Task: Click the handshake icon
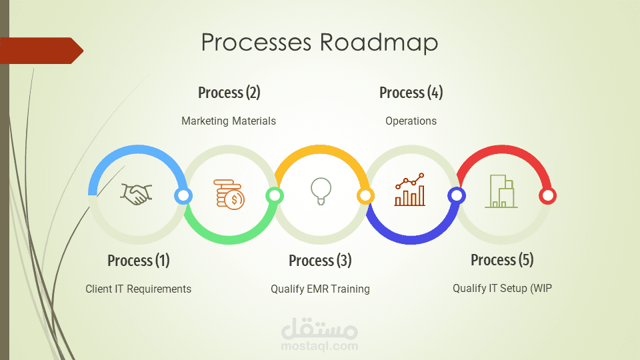point(136,194)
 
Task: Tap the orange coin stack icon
point(229,194)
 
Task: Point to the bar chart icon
point(410,189)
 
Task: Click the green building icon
point(501,191)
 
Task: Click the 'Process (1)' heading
point(139,261)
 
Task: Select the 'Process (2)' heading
point(229,93)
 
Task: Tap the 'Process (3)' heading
point(320,261)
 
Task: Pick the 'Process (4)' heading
point(411,93)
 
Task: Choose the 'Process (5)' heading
point(502,259)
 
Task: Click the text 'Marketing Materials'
point(229,121)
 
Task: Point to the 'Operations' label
point(411,121)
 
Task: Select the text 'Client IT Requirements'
point(139,289)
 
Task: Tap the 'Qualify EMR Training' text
point(320,289)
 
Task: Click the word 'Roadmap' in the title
point(379,43)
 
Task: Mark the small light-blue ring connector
point(183,196)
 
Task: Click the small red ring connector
point(547,196)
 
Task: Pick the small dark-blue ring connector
point(456,196)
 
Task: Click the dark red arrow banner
point(41,51)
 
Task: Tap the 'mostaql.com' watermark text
point(319,347)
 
